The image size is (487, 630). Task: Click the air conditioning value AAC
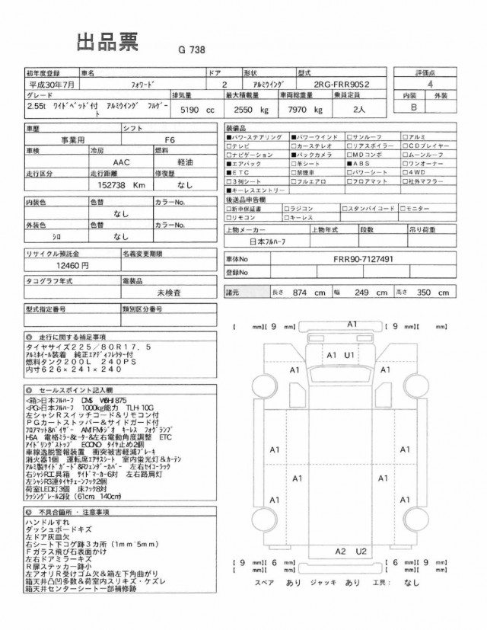coord(119,162)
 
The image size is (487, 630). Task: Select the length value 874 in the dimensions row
coord(300,292)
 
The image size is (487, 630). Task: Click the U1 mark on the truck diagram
coord(349,355)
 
